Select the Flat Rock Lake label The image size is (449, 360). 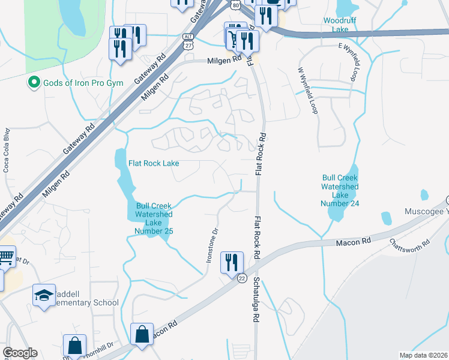click(x=154, y=163)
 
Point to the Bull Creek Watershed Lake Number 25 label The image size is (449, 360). click(x=154, y=218)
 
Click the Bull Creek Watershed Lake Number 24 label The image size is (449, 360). click(x=340, y=191)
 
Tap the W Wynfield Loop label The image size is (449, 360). click(x=307, y=90)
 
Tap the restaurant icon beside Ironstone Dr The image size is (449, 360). click(x=231, y=262)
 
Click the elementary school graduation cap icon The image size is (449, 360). click(x=44, y=295)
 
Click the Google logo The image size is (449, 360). click(x=20, y=353)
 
